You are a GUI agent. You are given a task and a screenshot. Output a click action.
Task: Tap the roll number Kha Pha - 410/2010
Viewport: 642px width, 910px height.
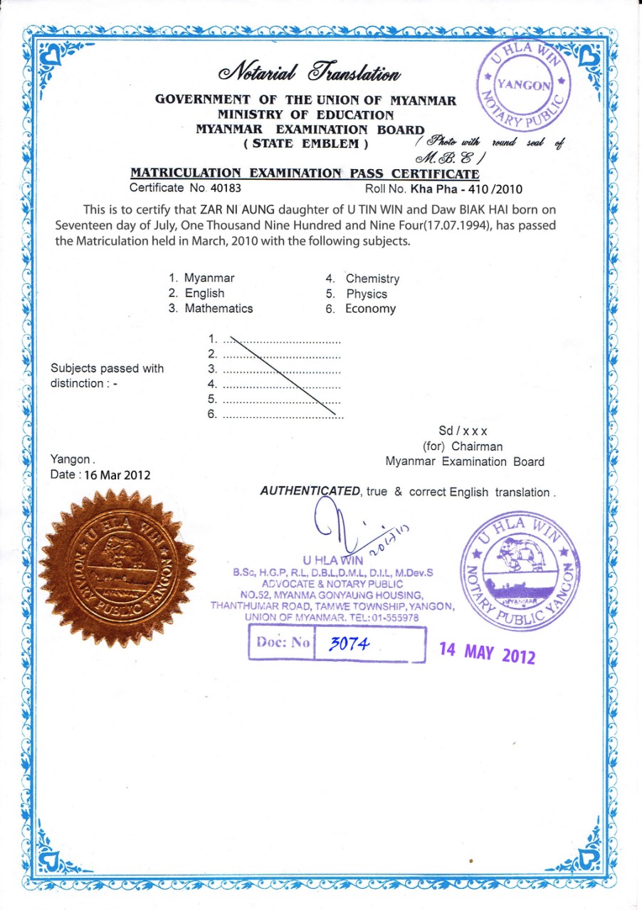tap(466, 189)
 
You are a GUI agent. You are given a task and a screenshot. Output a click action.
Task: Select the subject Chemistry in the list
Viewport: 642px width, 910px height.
tap(372, 279)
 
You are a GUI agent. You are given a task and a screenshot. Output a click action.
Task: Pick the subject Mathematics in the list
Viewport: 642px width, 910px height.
tap(219, 309)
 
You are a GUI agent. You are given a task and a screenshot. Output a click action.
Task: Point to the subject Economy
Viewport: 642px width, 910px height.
tap(370, 309)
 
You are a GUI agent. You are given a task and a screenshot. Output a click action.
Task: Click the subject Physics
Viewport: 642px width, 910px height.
tap(367, 294)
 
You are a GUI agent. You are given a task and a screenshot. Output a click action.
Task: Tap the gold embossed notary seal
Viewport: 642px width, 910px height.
tap(117, 569)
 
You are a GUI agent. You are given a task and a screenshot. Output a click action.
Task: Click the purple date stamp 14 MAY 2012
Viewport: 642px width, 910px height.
tap(487, 652)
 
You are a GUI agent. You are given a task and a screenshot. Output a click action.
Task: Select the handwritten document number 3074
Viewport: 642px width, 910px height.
tap(348, 644)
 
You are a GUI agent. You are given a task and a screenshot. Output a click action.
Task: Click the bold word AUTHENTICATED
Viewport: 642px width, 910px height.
tap(311, 491)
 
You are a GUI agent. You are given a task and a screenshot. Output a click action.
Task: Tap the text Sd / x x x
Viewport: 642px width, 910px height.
tap(463, 431)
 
